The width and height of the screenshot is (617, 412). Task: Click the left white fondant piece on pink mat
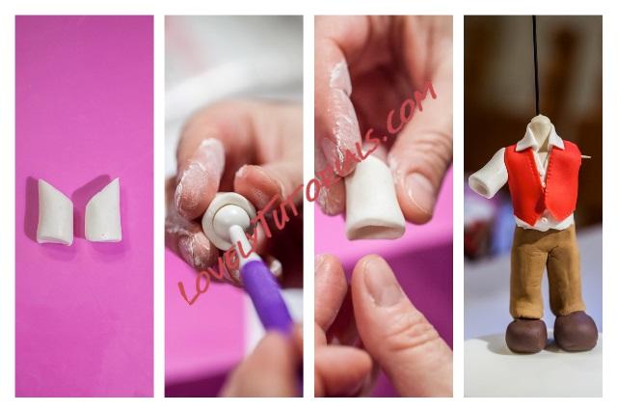pos(54,212)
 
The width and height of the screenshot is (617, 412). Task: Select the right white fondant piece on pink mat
pos(104,211)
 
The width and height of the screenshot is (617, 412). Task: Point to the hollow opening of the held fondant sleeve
pos(376,232)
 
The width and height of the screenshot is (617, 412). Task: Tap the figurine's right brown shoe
pos(576,331)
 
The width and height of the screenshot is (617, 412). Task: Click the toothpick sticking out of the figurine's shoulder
pos(584,157)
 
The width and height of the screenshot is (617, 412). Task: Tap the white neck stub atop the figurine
pos(540,125)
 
